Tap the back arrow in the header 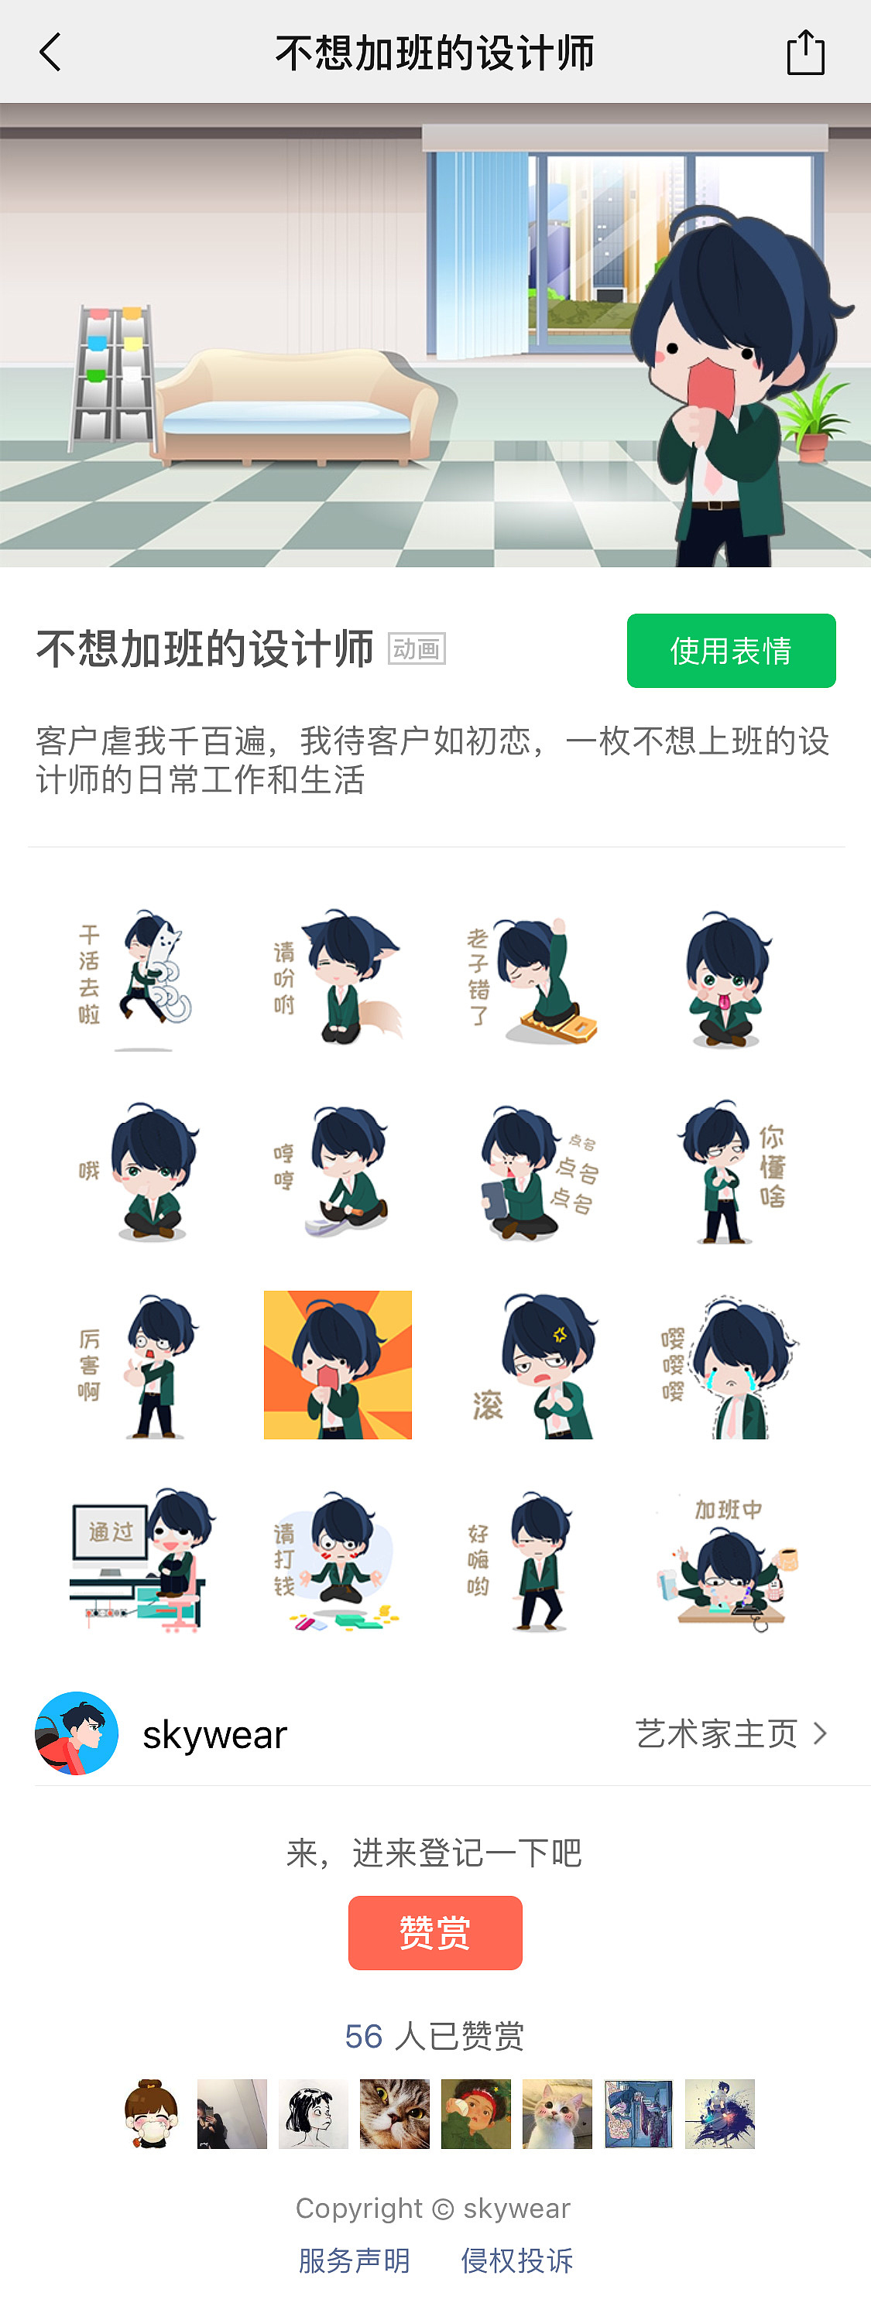pos(51,52)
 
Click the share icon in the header pos(804,53)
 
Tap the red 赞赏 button pos(434,1932)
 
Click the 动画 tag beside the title pos(417,648)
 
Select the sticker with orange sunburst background pos(338,1365)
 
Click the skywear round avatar pos(77,1733)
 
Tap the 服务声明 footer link pos(354,2260)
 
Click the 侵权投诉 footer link pos(516,2260)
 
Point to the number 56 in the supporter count pos(364,2035)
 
